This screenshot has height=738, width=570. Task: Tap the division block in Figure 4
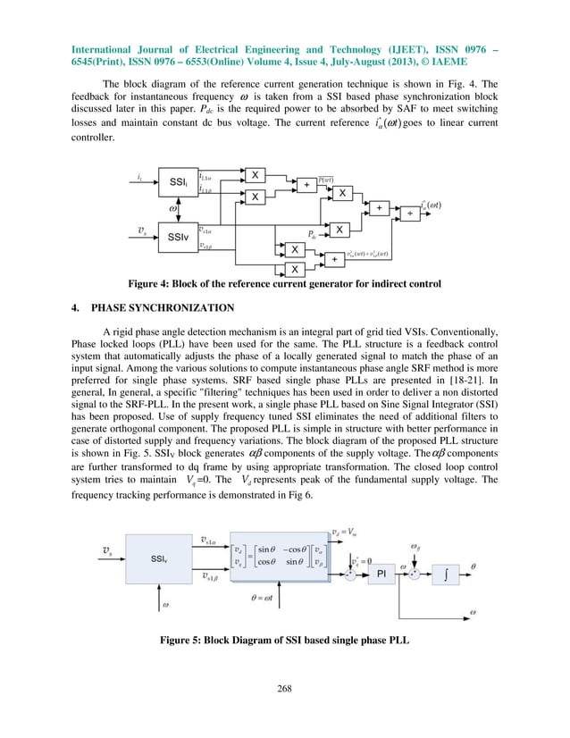412,214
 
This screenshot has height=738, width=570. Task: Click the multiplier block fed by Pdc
340,231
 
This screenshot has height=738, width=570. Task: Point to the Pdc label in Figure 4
312,235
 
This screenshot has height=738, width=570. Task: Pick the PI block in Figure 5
381,547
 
